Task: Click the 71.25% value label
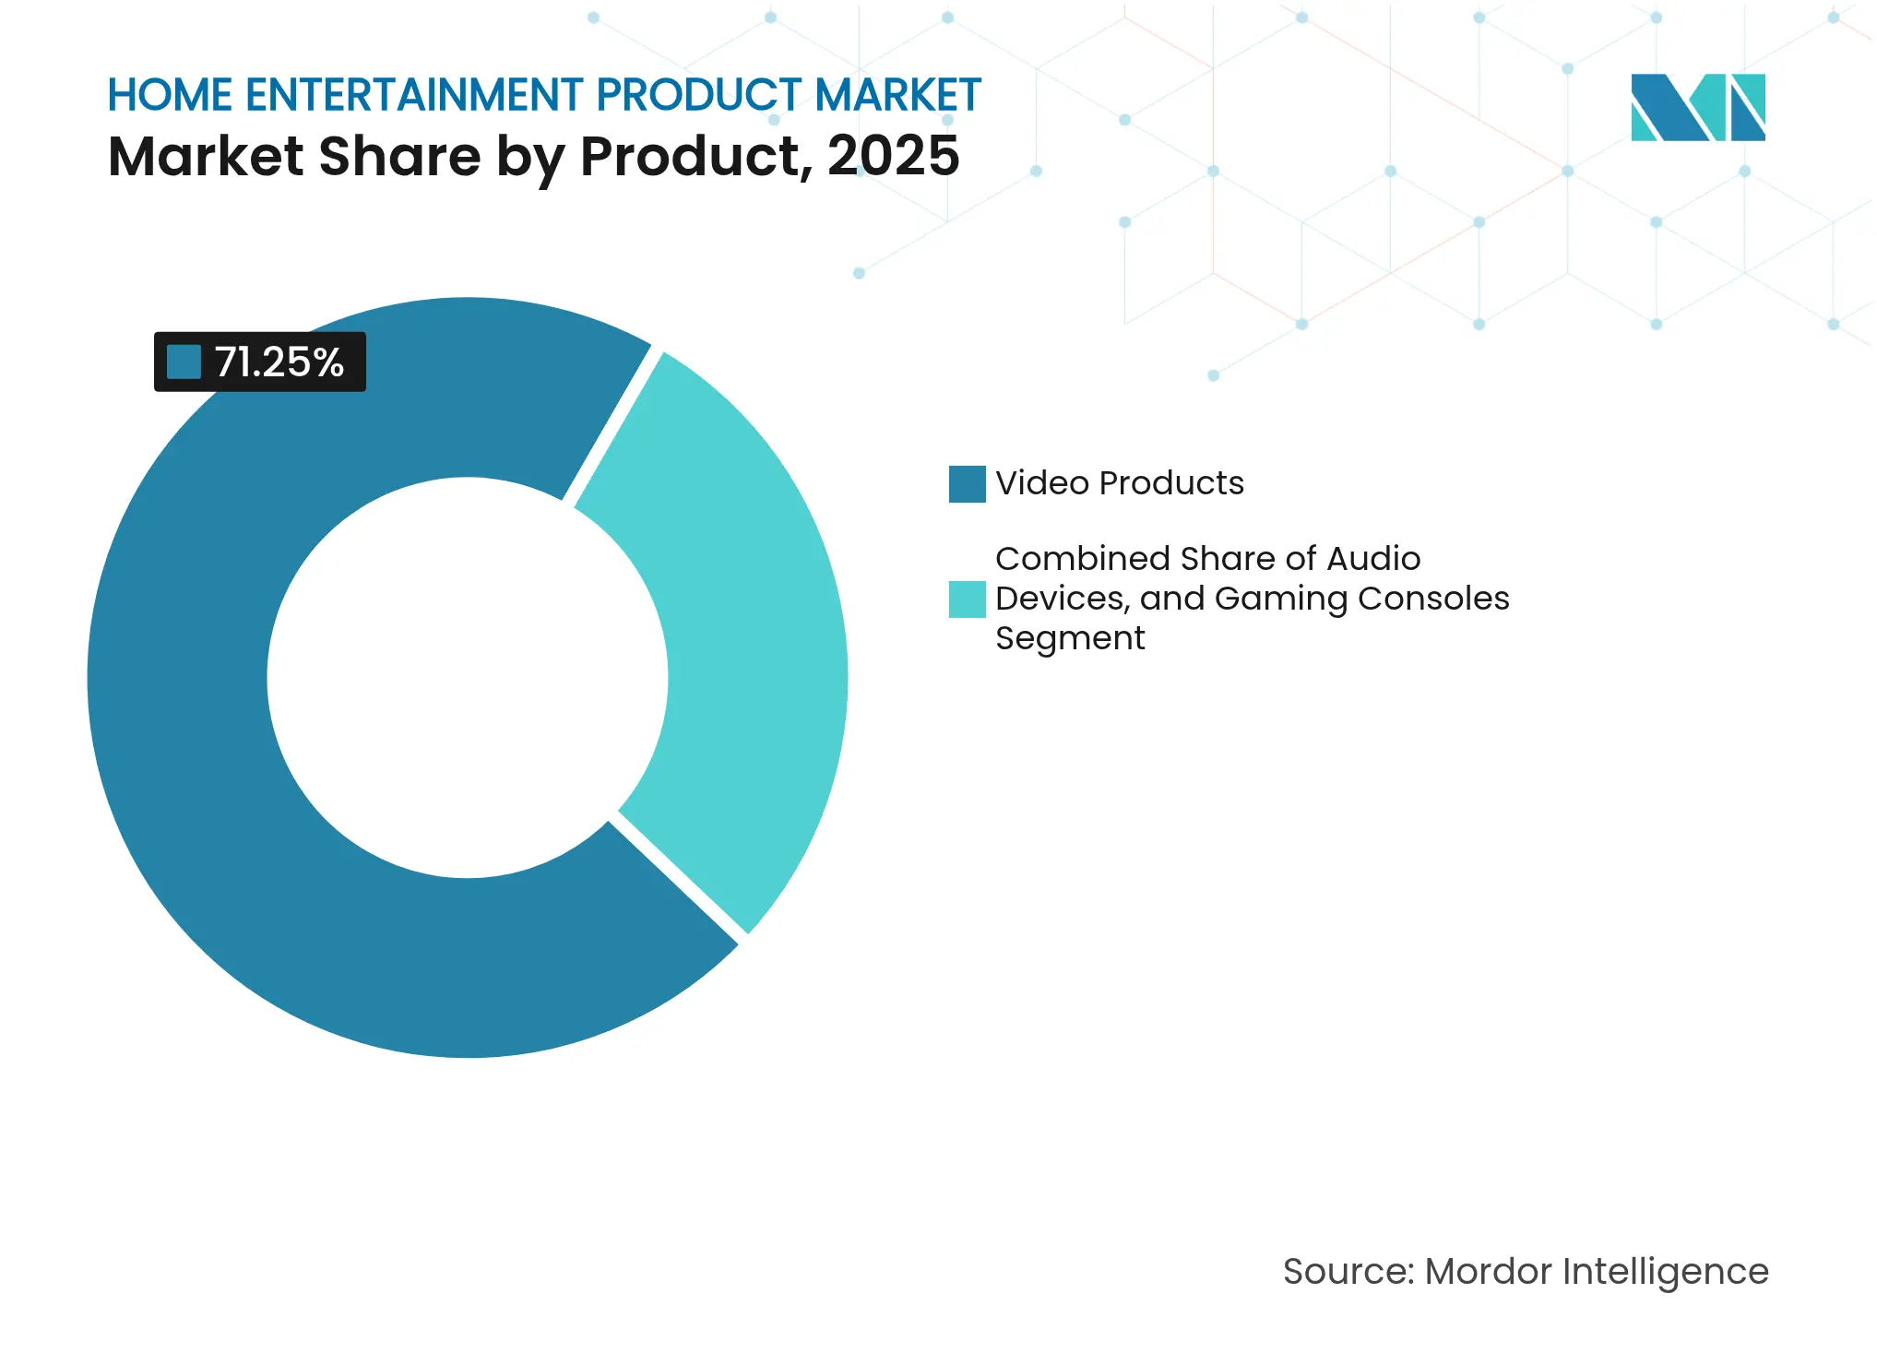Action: pyautogui.click(x=279, y=362)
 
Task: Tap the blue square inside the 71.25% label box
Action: pyautogui.click(x=184, y=362)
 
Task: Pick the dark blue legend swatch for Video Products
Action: pyautogui.click(x=967, y=484)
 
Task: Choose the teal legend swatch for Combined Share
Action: pyautogui.click(x=967, y=599)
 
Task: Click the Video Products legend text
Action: pyautogui.click(x=1119, y=483)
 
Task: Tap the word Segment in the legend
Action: pyautogui.click(x=1070, y=638)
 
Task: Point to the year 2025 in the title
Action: pyautogui.click(x=893, y=156)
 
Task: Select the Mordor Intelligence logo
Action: pyautogui.click(x=1697, y=108)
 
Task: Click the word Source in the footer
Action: pyautogui.click(x=1347, y=1272)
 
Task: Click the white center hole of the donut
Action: pyautogui.click(x=468, y=678)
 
